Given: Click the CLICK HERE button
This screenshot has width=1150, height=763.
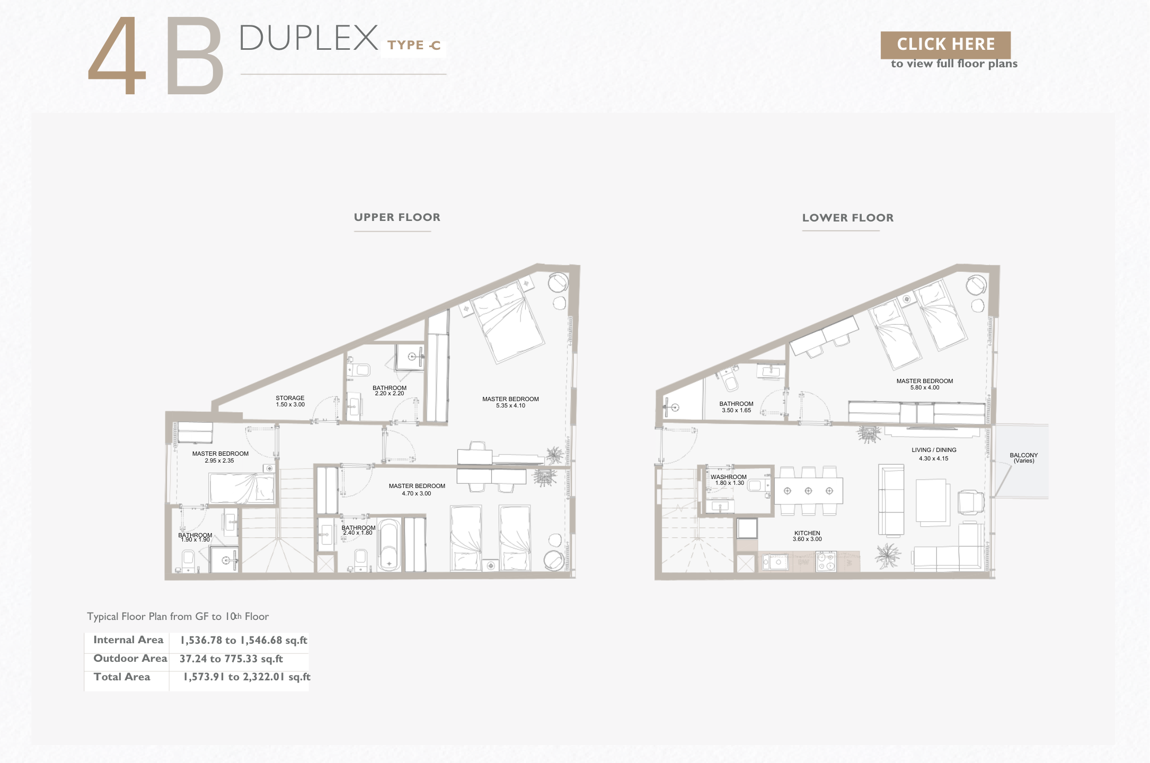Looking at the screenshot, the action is [x=945, y=45].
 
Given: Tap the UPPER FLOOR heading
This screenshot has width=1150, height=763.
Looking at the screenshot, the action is [x=397, y=217].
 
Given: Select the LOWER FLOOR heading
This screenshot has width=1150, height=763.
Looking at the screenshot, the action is [x=848, y=218].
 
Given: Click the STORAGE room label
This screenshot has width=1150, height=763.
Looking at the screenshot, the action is [x=290, y=398].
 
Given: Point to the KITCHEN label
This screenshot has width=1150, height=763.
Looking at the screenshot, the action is [x=807, y=533].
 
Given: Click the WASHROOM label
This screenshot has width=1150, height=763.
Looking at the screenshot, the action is [x=729, y=477].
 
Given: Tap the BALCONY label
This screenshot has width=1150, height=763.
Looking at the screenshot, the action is [x=1024, y=455].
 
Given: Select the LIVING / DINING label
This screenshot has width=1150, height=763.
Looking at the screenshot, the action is [x=934, y=450].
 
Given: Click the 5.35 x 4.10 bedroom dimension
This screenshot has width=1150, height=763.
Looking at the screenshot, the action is [x=510, y=406].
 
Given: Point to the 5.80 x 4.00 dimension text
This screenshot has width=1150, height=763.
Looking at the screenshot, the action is [x=925, y=388].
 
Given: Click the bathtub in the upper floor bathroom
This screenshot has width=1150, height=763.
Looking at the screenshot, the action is [x=390, y=545].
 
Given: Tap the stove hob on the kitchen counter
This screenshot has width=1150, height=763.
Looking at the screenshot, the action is [x=826, y=561].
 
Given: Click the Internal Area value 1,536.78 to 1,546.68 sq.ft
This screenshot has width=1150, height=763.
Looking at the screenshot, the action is [x=244, y=640].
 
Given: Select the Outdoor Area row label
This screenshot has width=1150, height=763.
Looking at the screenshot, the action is [x=130, y=659].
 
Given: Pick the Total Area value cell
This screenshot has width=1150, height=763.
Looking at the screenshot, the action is [x=246, y=677].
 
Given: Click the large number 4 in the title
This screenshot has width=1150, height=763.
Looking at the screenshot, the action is [x=117, y=56].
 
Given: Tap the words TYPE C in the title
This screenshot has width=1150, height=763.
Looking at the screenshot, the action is [x=414, y=46].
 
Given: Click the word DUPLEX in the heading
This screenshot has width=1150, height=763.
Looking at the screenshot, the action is [x=308, y=38].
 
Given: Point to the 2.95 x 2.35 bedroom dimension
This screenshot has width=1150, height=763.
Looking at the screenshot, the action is [x=219, y=461].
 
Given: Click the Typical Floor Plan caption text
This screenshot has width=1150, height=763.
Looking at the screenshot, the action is [x=178, y=617].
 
